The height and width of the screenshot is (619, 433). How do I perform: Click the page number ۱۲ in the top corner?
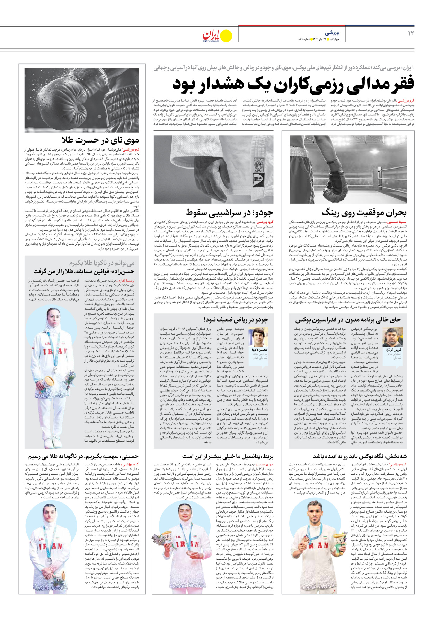coord(410,33)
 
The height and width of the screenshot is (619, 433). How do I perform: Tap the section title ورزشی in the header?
coord(332,33)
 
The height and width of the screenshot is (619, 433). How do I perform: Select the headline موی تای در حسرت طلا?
coord(100,140)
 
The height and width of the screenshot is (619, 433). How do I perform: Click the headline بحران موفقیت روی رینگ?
coord(364,212)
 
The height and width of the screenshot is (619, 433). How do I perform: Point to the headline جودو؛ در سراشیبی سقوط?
coord(230,212)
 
